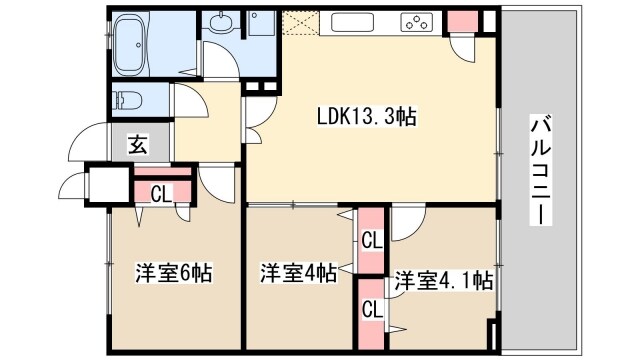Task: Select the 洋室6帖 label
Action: coord(172,271)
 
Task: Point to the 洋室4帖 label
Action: coord(298,271)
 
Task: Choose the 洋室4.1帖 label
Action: coord(442,280)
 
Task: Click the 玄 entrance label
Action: coord(136,145)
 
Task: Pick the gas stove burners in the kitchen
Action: coord(414,22)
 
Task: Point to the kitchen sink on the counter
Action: coord(351,21)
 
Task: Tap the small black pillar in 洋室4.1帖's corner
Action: coord(491,335)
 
